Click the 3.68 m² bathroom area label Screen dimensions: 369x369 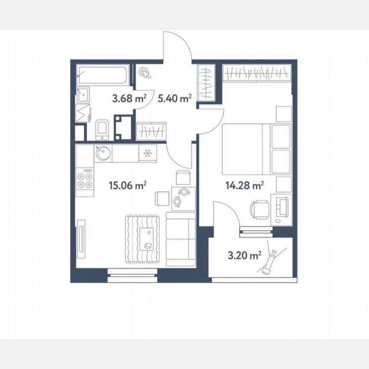coord(129,99)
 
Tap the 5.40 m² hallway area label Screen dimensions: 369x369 coord(174,99)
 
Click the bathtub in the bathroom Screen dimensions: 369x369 coord(102,75)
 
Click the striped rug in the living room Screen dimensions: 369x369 coord(143,240)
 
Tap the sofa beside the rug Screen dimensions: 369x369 coord(180,240)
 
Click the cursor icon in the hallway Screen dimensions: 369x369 coord(145,73)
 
